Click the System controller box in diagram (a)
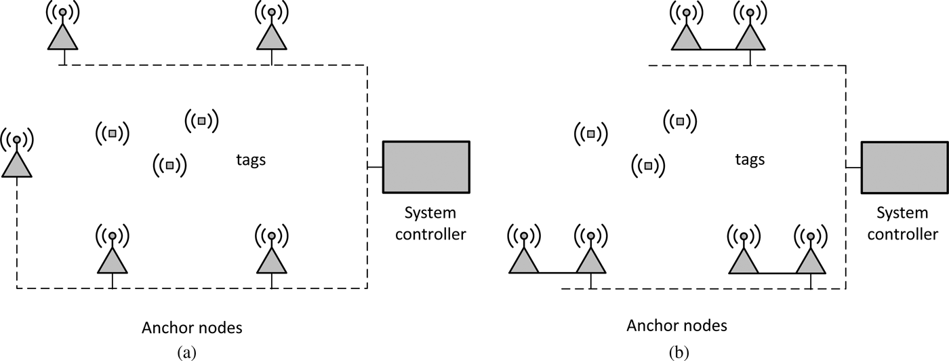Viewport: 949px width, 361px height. (426, 167)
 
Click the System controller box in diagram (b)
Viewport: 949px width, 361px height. (904, 167)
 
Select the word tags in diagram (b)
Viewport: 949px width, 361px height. (750, 160)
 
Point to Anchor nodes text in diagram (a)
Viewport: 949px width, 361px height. (192, 328)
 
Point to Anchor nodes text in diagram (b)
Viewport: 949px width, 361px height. (677, 326)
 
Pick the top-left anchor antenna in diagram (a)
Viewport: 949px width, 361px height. (62, 37)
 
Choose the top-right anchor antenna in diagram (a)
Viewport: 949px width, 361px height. (271, 37)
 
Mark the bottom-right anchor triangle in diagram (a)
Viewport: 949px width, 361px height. (271, 260)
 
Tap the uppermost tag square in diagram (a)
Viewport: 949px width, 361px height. (201, 121)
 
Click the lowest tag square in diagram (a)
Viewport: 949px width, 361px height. (169, 164)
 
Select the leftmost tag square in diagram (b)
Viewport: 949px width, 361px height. (591, 134)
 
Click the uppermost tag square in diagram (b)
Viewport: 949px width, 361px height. (679, 121)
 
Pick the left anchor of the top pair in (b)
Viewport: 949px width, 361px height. (686, 37)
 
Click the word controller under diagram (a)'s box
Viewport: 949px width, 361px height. (430, 235)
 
